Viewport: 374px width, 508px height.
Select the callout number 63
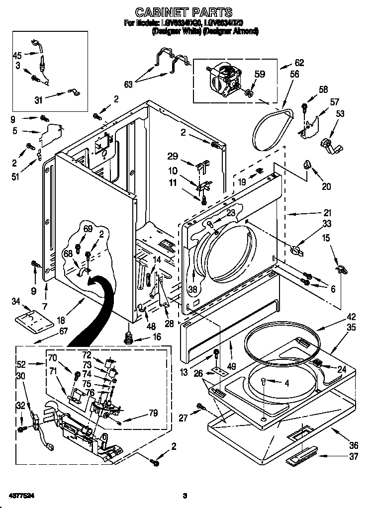tap(128, 85)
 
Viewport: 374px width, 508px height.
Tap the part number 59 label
tap(260, 74)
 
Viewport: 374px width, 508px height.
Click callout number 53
tap(340, 114)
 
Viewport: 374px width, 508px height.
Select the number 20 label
tap(326, 186)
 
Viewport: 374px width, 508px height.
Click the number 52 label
tap(21, 364)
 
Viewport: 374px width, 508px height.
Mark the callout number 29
tap(173, 156)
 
